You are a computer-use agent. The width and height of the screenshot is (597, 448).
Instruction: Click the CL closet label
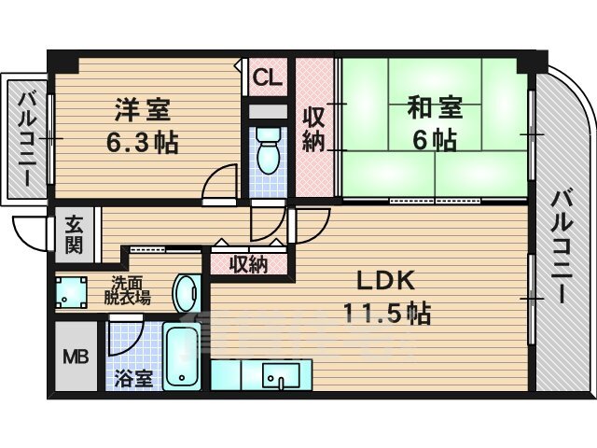pos(268,77)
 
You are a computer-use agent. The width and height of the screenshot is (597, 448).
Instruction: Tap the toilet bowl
pos(268,151)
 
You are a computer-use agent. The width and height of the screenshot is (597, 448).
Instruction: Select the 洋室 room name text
pos(143,109)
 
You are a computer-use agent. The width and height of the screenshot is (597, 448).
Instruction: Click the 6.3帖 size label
pos(142,143)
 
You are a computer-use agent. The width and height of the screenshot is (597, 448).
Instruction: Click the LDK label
pos(385,281)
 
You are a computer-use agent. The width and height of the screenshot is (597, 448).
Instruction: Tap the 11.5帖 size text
pos(387,314)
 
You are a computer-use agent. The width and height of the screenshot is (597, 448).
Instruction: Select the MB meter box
pos(76,357)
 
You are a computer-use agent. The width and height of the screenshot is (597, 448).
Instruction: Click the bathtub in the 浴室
pos(182,357)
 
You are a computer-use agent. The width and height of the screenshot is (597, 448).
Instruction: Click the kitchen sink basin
pos(281,374)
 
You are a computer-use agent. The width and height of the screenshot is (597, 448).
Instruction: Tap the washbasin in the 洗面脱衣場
pos(187,294)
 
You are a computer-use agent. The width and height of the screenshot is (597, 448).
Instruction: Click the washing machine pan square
pos(71,292)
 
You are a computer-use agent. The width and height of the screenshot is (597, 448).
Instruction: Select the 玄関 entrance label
pos(74,234)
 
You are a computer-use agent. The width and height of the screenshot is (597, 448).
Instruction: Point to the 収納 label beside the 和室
pos(314,129)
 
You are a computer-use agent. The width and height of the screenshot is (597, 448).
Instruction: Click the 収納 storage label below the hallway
pos(248,264)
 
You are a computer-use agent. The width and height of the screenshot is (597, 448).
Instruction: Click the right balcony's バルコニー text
pos(562,246)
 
